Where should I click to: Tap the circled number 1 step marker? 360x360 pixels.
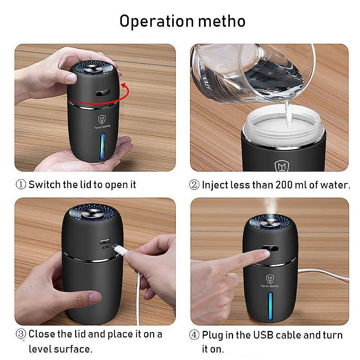(x=21, y=184)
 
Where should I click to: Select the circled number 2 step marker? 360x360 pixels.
(x=194, y=185)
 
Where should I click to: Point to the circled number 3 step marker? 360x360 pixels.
(x=21, y=334)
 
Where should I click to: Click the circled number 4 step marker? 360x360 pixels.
(x=194, y=335)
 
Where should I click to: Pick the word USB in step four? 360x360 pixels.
(x=264, y=335)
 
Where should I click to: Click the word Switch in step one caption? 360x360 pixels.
(x=45, y=184)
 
